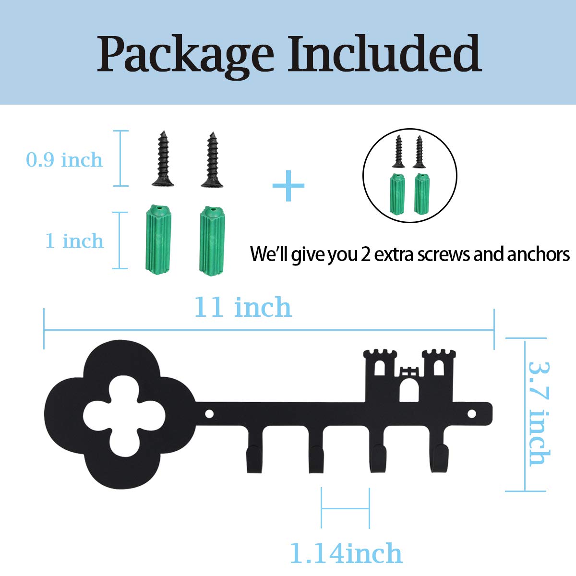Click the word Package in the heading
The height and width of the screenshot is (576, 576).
(186, 56)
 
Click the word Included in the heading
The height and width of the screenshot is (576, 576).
(384, 53)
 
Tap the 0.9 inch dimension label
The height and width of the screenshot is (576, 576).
(64, 159)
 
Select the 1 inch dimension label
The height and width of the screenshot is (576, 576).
(74, 240)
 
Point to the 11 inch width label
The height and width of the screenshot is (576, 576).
(243, 307)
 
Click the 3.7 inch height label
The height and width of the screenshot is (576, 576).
(539, 414)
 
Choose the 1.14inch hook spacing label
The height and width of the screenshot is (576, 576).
(346, 553)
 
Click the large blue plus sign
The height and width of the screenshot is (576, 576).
(288, 185)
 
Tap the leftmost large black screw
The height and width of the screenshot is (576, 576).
(163, 159)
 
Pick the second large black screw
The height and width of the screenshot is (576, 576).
(212, 160)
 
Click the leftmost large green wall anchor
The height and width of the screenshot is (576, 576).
(158, 240)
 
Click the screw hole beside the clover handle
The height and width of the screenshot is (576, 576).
(209, 414)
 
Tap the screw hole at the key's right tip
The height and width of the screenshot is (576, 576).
(471, 414)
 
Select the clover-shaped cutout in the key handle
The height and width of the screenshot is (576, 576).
(124, 414)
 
